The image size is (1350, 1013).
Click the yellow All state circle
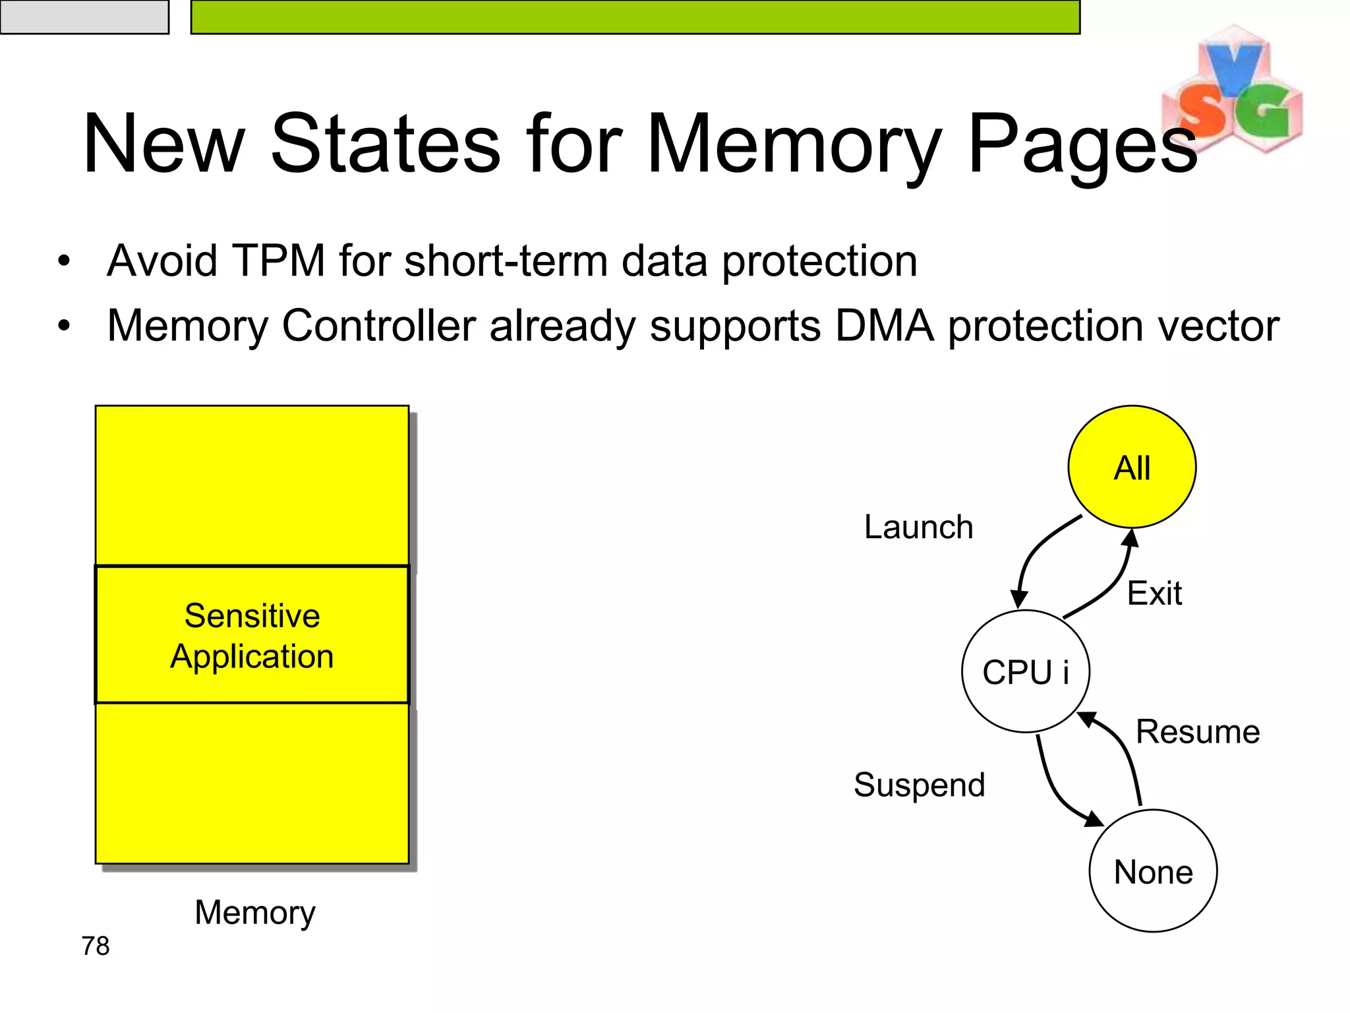point(1132,467)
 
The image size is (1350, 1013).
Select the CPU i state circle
point(1025,671)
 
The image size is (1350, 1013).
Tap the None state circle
point(1153,871)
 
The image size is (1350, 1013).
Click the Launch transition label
point(918,527)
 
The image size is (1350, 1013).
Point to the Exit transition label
point(1154,593)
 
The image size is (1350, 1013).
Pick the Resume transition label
point(1198,731)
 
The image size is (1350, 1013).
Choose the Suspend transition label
point(919,785)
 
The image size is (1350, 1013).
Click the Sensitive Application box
point(252,635)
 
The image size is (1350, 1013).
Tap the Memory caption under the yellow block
point(255,913)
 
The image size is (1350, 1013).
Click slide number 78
point(96,946)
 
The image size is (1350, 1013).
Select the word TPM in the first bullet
point(279,261)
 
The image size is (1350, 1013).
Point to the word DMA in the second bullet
point(884,326)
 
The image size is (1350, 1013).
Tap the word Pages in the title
point(1081,145)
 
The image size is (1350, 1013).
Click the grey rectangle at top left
point(84,16)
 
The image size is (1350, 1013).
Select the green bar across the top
point(635,16)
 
